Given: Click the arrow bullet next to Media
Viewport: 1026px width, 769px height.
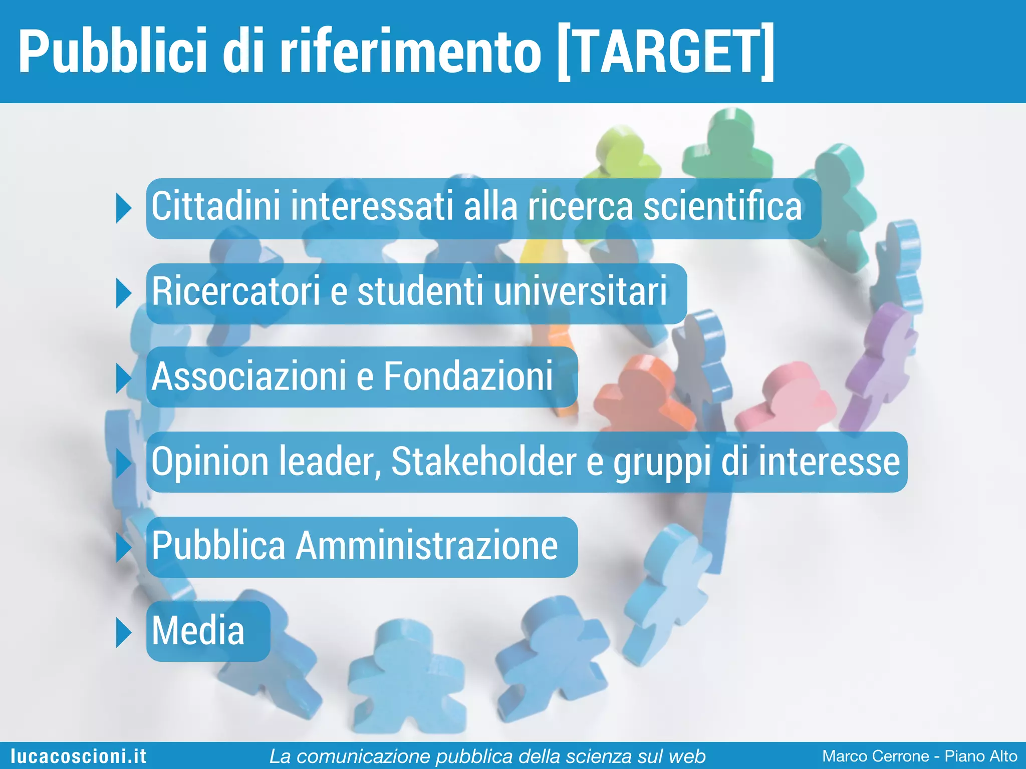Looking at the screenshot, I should coord(123,632).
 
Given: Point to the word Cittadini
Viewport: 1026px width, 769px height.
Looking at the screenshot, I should coord(215,206).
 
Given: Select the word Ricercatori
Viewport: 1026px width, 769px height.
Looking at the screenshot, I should coord(235,291).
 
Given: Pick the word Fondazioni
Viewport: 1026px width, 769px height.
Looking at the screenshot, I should coord(468,376).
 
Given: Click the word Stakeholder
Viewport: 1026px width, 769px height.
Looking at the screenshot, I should coord(483,462).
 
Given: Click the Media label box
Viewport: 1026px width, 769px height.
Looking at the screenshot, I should coord(207,631).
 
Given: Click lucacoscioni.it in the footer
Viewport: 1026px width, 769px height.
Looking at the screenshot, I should coord(79,756).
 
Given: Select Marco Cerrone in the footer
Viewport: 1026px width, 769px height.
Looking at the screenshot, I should coord(875,756).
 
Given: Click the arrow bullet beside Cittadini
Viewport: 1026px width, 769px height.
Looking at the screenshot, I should coord(123,208).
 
